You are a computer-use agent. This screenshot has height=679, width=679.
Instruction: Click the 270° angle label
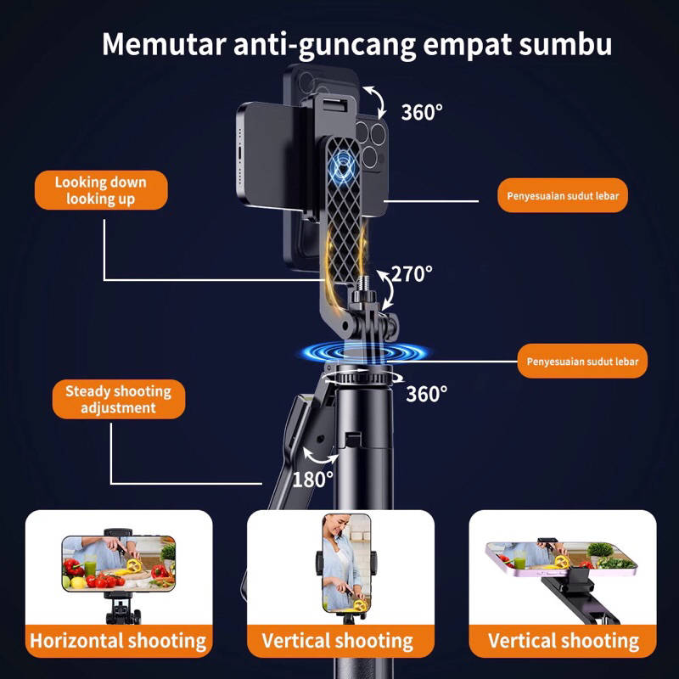click(413, 274)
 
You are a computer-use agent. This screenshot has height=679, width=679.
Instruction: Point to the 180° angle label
click(313, 480)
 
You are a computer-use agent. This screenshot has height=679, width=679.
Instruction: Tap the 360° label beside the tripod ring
click(426, 394)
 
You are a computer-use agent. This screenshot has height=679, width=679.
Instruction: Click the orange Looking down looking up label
click(100, 190)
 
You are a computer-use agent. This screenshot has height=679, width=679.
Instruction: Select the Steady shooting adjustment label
click(118, 400)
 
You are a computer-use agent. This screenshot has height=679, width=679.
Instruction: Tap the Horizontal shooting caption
click(118, 641)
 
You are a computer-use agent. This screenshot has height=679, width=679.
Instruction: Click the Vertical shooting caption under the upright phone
click(338, 641)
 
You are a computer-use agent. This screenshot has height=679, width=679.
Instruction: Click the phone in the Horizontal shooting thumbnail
click(118, 562)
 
